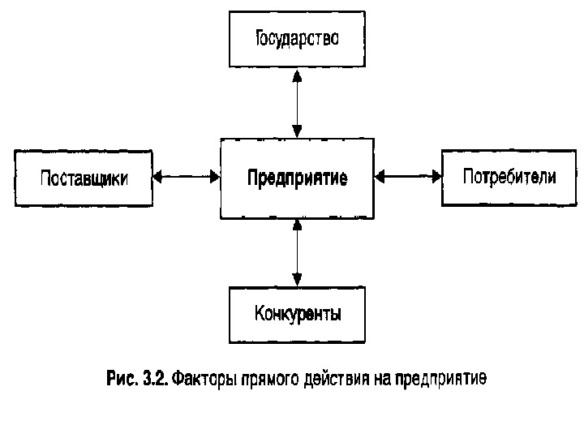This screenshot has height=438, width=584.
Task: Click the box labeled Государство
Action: [x=297, y=40]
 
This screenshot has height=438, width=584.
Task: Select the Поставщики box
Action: [x=84, y=178]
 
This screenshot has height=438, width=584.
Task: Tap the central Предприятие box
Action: [x=297, y=178]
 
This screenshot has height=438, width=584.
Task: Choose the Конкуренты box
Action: [x=297, y=314]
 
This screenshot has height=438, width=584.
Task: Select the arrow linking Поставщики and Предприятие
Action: [x=187, y=174]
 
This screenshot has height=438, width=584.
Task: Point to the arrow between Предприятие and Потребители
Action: [x=408, y=174]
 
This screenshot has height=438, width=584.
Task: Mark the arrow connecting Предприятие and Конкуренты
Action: [x=298, y=252]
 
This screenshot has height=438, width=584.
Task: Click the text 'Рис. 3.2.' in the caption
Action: [x=136, y=379]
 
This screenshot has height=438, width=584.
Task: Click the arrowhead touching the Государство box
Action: [x=298, y=75]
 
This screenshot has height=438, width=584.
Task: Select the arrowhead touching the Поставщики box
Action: [x=158, y=174]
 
